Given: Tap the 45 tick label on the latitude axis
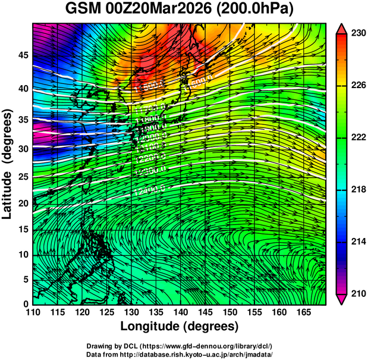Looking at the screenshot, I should click(x=22, y=55).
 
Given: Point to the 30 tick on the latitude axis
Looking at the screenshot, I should click(x=22, y=149).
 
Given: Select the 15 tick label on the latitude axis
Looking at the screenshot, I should click(x=22, y=230).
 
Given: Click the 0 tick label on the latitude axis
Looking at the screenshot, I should click(x=25, y=304).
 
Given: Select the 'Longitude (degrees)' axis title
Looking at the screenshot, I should click(x=180, y=327).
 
